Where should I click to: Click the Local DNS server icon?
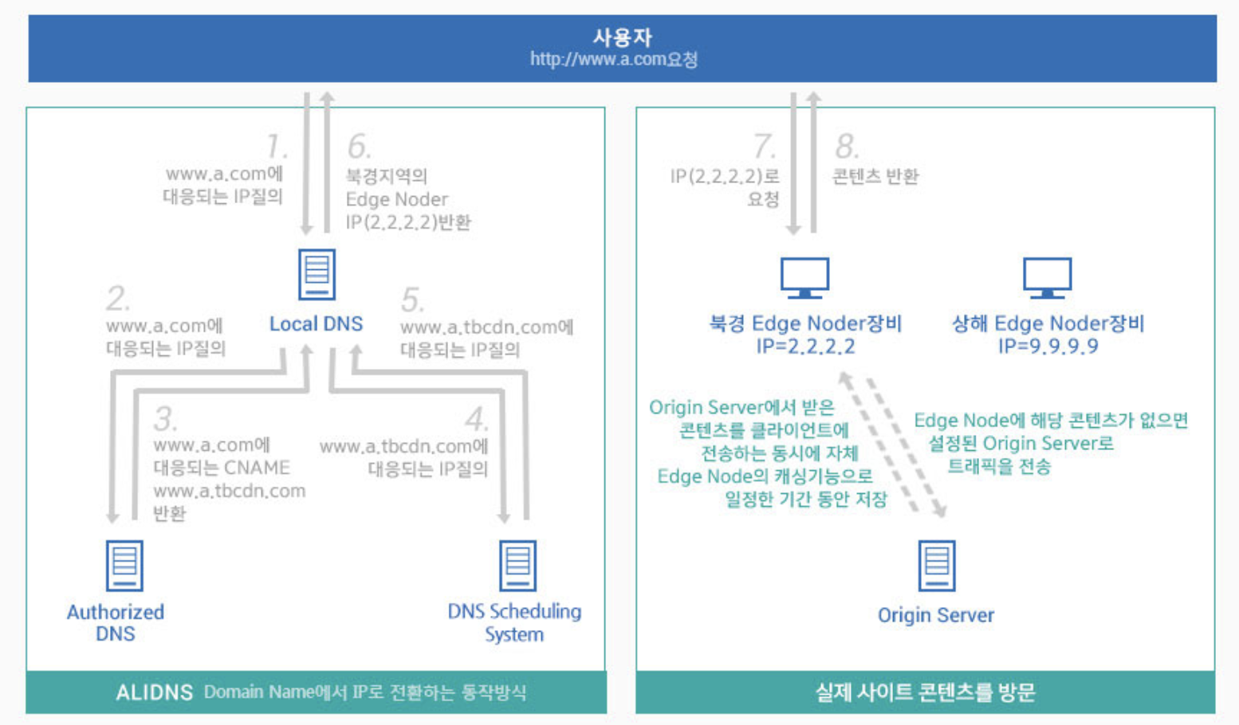pyautogui.click(x=317, y=274)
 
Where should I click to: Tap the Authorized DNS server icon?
pyautogui.click(x=124, y=565)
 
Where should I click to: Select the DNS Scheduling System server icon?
pyautogui.click(x=517, y=565)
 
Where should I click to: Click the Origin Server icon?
pyautogui.click(x=936, y=565)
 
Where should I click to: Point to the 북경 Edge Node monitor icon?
pyautogui.click(x=804, y=277)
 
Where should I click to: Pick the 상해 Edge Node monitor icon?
pyautogui.click(x=1047, y=277)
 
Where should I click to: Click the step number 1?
pyautogui.click(x=277, y=147)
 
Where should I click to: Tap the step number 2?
pyautogui.click(x=117, y=299)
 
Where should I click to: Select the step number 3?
pyautogui.click(x=165, y=418)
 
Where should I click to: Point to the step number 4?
pyautogui.click(x=477, y=419)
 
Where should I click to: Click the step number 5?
pyautogui.click(x=412, y=300)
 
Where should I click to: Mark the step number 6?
pyautogui.click(x=359, y=147)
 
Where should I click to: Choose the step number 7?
pyautogui.click(x=764, y=147)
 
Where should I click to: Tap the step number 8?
pyautogui.click(x=846, y=147)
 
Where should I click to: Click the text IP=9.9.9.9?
pyautogui.click(x=1048, y=347)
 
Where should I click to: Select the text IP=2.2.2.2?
pyautogui.click(x=805, y=347)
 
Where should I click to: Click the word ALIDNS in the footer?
pyautogui.click(x=154, y=692)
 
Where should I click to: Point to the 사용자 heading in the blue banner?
pyautogui.click(x=622, y=37)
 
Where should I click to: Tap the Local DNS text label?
pyautogui.click(x=316, y=323)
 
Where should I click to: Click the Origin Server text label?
pyautogui.click(x=936, y=615)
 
